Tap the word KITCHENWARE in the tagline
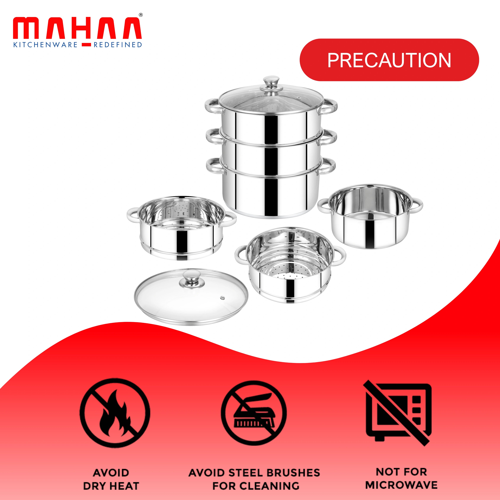tap(45, 45)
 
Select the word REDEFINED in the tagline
tap(118, 45)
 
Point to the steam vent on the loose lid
tap(222, 298)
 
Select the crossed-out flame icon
tap(115, 414)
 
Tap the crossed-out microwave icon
tap(398, 414)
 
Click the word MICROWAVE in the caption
tap(401, 485)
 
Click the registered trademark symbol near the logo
tap(141, 15)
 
